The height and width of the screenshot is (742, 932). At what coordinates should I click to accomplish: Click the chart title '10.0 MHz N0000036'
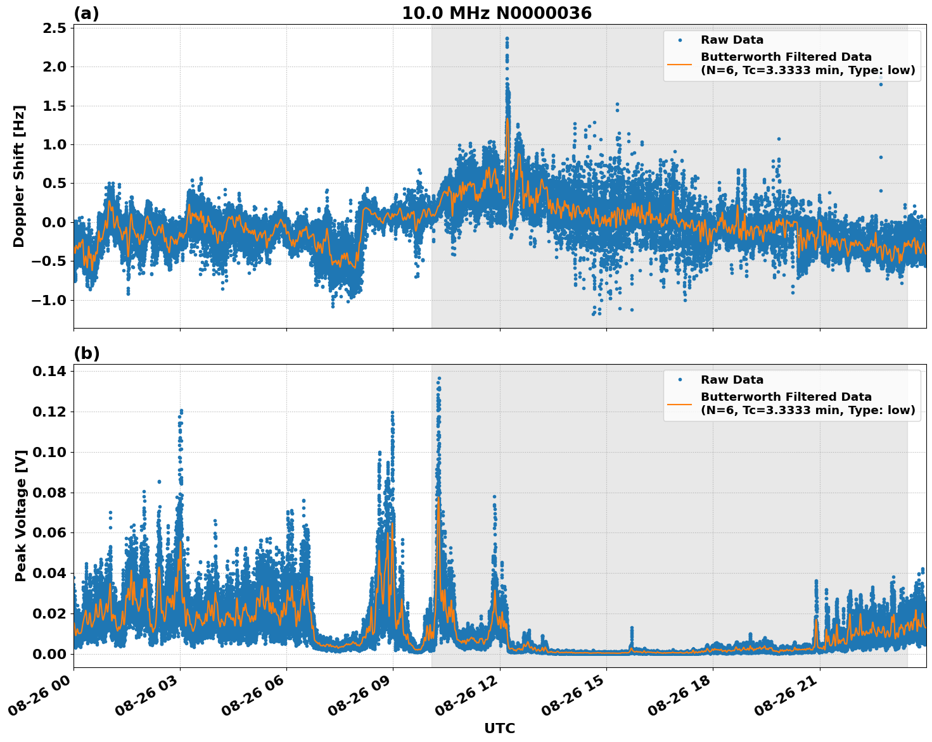(x=497, y=13)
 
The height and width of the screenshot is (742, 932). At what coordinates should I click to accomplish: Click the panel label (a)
(x=86, y=13)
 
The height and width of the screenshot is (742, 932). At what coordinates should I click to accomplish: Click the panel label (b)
(x=86, y=353)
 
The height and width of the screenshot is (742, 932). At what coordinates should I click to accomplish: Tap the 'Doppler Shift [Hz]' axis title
(x=19, y=176)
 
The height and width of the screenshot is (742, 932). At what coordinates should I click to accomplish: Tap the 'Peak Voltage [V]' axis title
(x=21, y=515)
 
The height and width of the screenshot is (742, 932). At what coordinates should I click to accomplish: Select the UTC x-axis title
(x=499, y=728)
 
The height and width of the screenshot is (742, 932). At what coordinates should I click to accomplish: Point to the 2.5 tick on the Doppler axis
(x=53, y=28)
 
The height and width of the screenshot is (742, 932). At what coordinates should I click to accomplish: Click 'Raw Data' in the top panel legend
(x=732, y=40)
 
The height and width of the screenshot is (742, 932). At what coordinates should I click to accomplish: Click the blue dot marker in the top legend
(x=680, y=40)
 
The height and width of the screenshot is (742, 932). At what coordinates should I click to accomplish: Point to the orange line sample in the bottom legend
(x=680, y=403)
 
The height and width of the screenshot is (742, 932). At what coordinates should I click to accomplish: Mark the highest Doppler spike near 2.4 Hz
(x=507, y=39)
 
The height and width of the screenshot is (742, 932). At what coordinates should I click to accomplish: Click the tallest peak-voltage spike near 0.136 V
(x=438, y=379)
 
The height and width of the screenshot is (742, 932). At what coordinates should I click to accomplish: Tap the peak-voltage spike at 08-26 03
(x=181, y=412)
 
